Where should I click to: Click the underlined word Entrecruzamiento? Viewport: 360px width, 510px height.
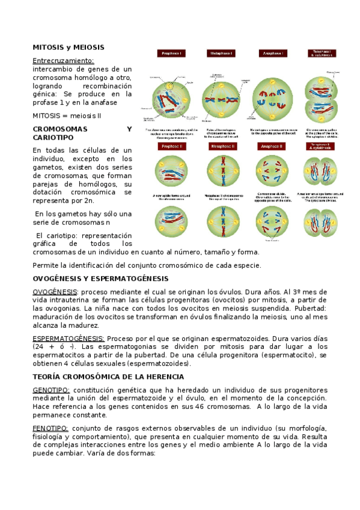tap(63, 61)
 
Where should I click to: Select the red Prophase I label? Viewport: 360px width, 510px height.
tap(171, 54)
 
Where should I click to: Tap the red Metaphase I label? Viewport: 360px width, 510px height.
tap(222, 54)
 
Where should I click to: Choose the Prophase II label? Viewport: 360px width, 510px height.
tap(171, 146)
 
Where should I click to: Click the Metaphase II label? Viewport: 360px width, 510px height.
tap(222, 146)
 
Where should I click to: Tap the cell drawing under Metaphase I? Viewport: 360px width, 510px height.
tap(221, 96)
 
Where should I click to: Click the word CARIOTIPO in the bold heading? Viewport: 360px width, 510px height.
tap(53, 138)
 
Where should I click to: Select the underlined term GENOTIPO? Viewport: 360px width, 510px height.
tap(51, 390)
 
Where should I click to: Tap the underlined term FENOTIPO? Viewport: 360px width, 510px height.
tap(50, 428)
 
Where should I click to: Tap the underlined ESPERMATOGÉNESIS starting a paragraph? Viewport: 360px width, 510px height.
tap(68, 339)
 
